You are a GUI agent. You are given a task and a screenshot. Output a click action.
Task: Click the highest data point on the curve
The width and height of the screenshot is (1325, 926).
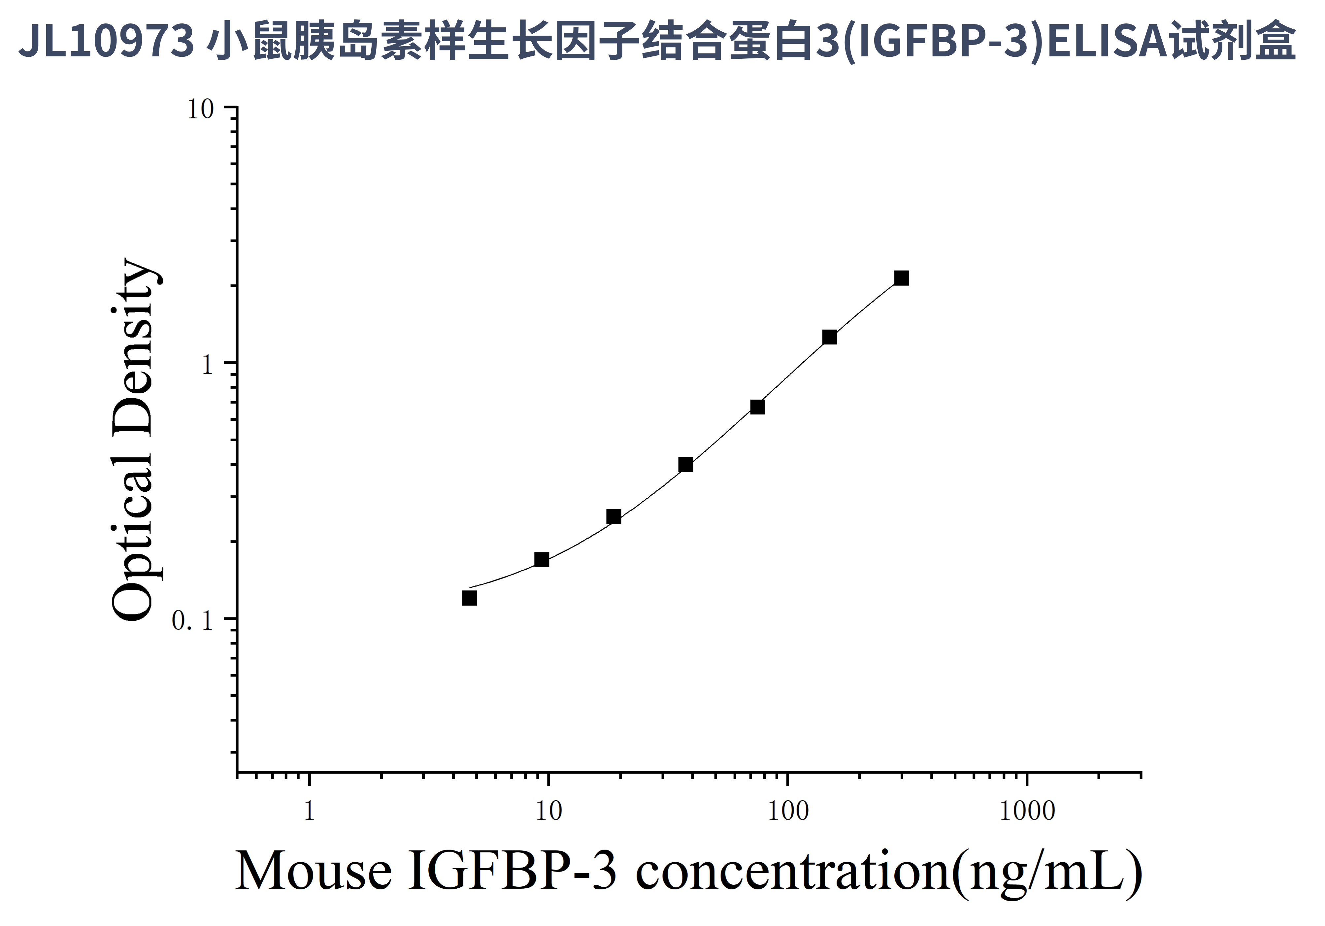point(901,278)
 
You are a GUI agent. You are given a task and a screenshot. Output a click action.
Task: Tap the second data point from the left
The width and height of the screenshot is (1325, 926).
point(541,559)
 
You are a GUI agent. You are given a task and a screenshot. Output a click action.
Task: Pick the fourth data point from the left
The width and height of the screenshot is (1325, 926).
point(685,464)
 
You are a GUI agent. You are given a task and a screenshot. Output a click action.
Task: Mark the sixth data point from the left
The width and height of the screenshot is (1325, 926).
point(829,337)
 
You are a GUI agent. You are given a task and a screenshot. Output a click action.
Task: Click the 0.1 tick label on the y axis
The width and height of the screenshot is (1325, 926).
point(192,621)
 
